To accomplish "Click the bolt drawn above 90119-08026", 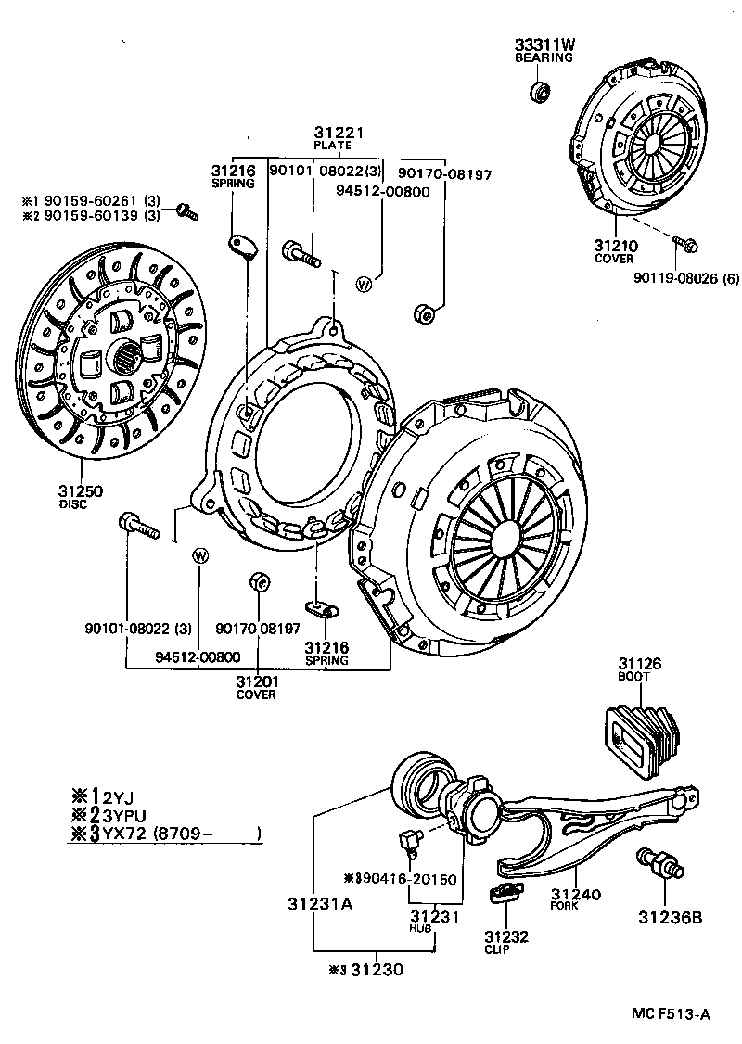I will point(686,245).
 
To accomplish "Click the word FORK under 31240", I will point(563,905).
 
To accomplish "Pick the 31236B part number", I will point(668,918).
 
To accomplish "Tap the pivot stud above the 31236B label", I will point(659,861).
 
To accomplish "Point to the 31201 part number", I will point(257,682).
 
